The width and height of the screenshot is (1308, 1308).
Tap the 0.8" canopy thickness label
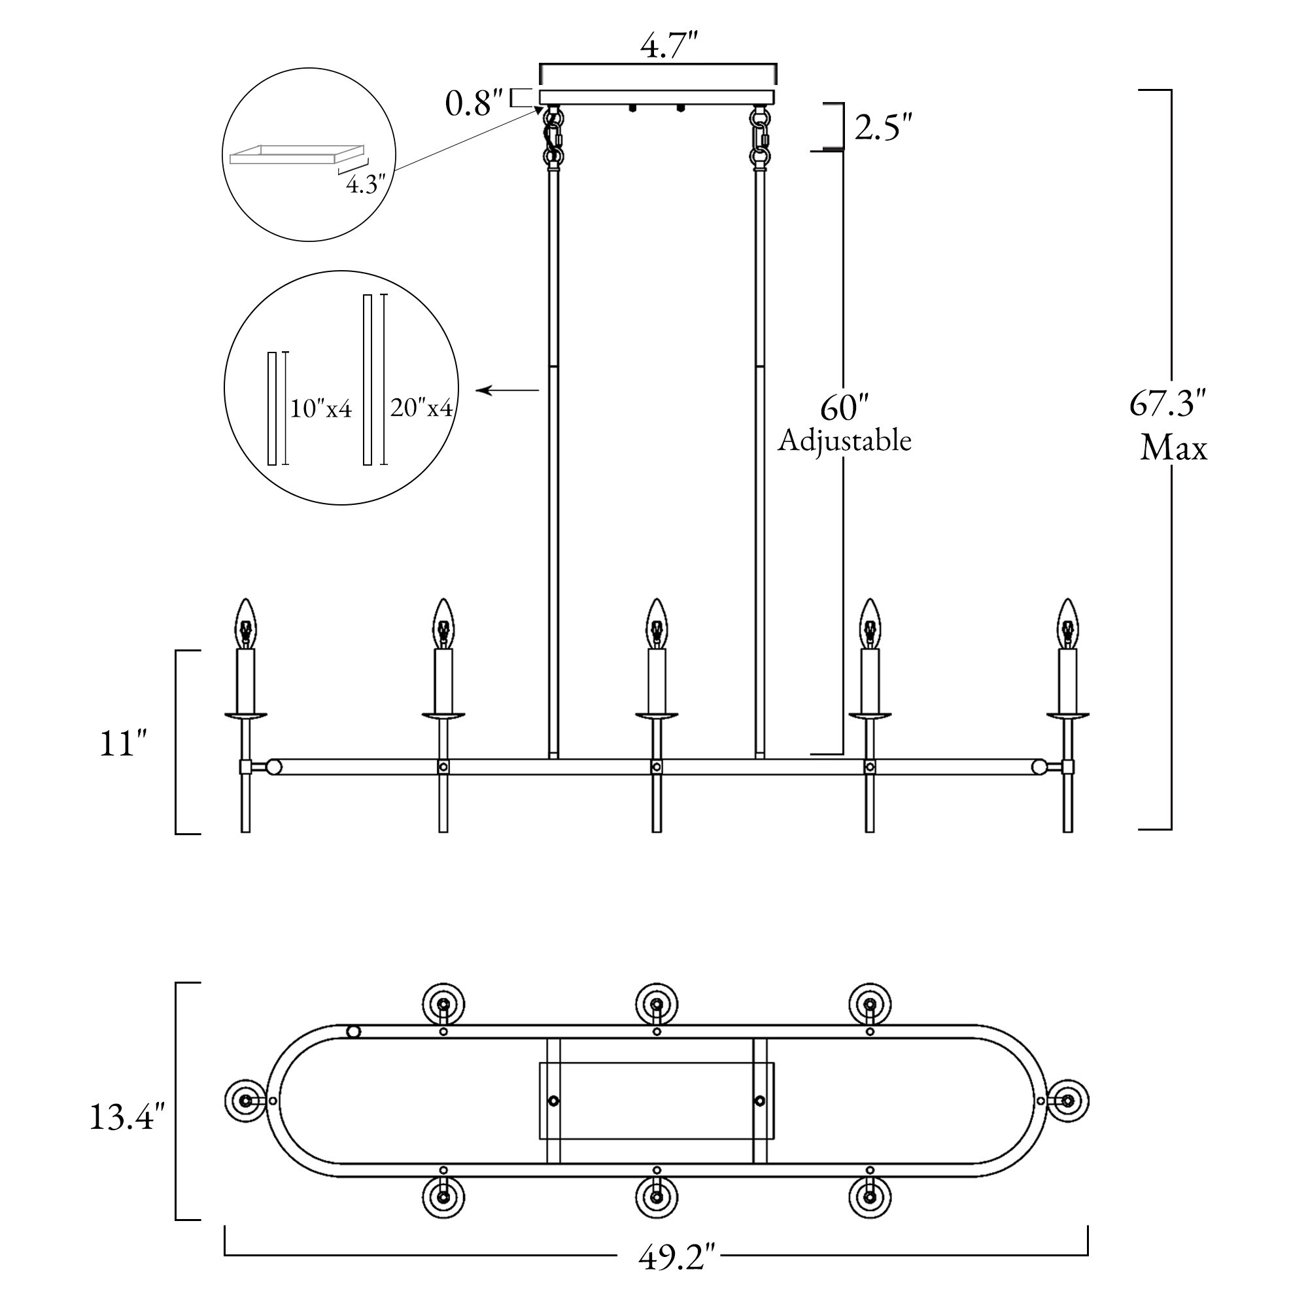[x=474, y=103]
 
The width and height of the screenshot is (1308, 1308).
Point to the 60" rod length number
[x=844, y=408]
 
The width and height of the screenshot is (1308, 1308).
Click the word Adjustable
[x=844, y=441]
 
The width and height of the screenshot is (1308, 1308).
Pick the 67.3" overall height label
[x=1168, y=404]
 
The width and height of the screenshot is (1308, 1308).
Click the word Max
[x=1173, y=448]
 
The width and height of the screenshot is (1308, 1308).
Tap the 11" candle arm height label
[x=122, y=744]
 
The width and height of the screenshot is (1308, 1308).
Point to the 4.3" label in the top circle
[x=366, y=184]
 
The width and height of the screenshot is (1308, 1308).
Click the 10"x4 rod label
[x=321, y=409]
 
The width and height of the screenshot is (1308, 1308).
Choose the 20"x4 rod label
[x=421, y=407]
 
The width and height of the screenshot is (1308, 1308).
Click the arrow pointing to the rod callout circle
[x=507, y=390]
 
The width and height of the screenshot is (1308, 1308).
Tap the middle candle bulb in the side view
[x=656, y=623]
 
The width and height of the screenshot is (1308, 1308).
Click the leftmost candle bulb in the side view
[x=246, y=623]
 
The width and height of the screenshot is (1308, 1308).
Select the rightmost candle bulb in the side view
[x=1068, y=623]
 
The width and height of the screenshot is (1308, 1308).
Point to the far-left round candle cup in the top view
[x=245, y=1100]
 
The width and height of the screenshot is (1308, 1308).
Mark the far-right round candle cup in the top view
[x=1068, y=1100]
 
